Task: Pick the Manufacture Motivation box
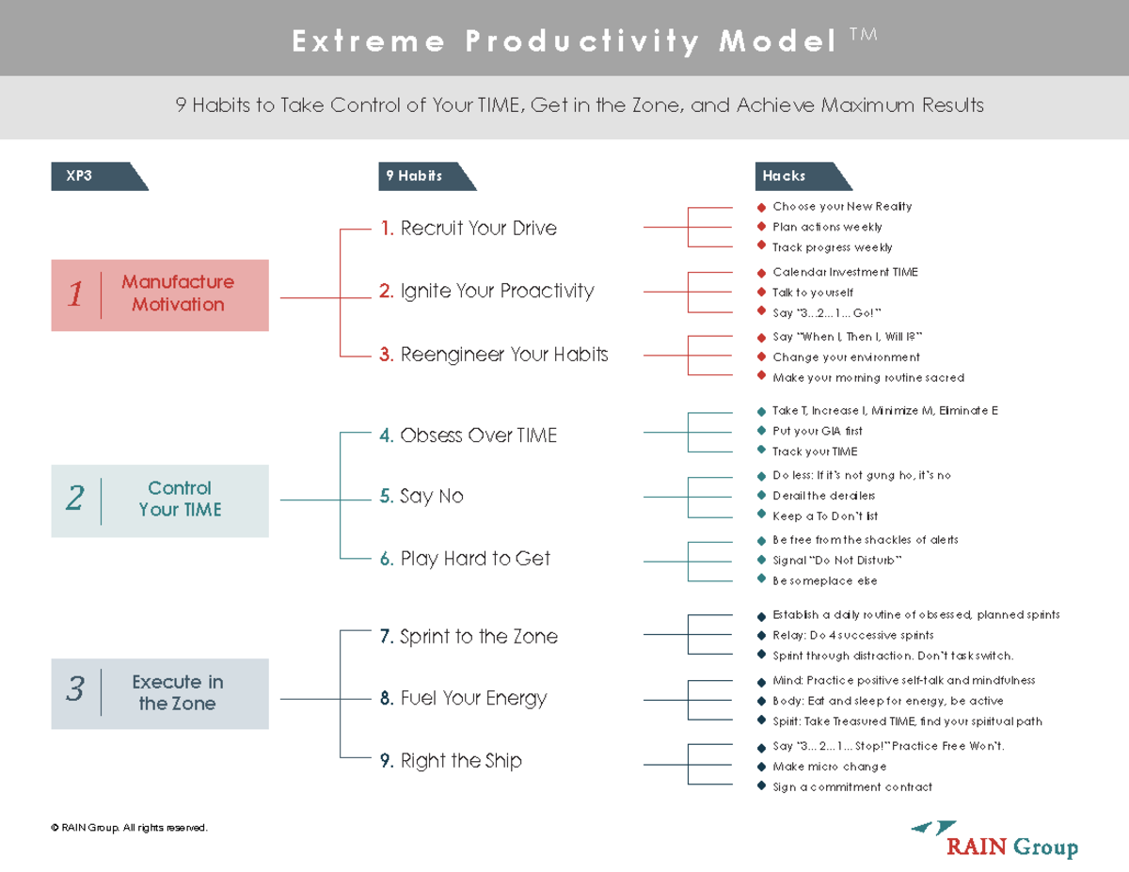point(160,294)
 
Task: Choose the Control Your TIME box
point(160,499)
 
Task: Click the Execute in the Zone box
point(160,693)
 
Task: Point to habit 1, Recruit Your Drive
point(468,228)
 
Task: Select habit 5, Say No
point(421,497)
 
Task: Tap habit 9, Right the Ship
point(451,761)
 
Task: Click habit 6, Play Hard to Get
point(465,559)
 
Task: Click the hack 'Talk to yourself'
point(813,293)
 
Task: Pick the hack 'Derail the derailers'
point(823,496)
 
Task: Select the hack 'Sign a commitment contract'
point(851,787)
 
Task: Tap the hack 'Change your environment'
point(846,357)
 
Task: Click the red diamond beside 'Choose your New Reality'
point(761,206)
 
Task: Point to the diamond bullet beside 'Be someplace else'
point(761,580)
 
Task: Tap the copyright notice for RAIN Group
point(129,828)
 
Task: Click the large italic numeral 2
point(75,499)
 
